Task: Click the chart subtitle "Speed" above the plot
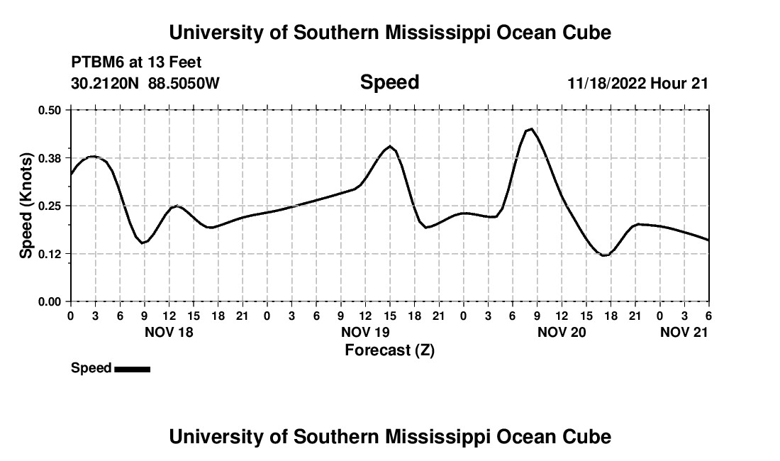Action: click(389, 82)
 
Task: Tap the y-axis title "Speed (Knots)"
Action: click(26, 205)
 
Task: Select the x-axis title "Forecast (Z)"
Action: click(389, 350)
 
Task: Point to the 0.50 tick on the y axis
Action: click(50, 110)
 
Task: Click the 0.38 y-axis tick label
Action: click(50, 157)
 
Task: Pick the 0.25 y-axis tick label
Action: click(50, 206)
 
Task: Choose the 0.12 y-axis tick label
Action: click(50, 254)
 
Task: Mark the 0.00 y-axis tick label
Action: click(50, 302)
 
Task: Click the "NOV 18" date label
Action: click(168, 332)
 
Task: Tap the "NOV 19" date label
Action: click(364, 332)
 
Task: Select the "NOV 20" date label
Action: click(561, 332)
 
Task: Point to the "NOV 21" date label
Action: click(684, 332)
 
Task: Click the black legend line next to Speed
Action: click(132, 369)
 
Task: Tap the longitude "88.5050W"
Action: click(184, 84)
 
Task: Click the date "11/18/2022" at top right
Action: click(606, 84)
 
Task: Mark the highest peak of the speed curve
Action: click(530, 129)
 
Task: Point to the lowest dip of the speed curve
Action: click(604, 255)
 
